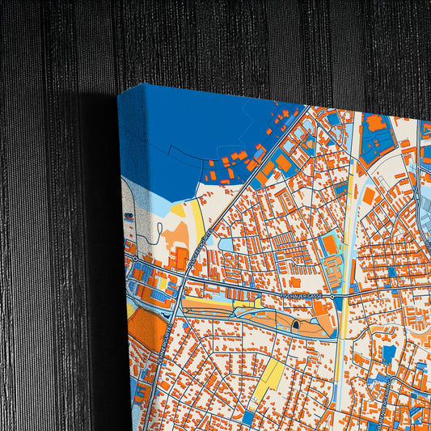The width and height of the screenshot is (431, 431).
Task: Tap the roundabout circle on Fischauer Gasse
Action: [x=332, y=297]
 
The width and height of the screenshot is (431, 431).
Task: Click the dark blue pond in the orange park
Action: [x=296, y=324]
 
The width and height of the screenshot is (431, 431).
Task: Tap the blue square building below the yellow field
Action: [x=248, y=417]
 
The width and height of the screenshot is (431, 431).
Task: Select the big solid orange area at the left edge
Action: [x=146, y=328]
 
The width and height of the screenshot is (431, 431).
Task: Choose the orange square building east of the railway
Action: [x=368, y=196]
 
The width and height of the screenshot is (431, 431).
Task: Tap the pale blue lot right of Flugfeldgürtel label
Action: [x=225, y=243]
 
